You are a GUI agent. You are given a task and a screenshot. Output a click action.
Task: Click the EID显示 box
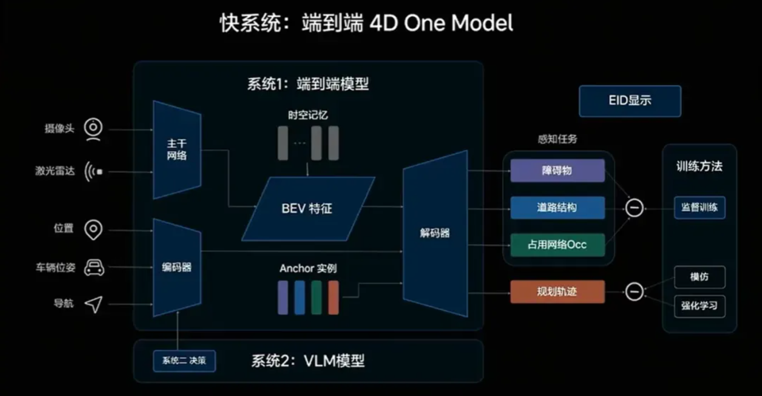pos(629,101)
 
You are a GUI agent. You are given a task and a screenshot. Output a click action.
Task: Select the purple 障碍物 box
pos(557,170)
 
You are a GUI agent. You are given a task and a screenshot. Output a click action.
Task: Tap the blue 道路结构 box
pos(557,208)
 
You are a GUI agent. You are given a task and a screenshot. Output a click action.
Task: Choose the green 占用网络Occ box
pos(557,245)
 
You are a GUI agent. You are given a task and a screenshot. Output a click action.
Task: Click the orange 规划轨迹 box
pos(557,291)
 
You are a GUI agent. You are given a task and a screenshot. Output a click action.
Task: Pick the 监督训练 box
pos(699,207)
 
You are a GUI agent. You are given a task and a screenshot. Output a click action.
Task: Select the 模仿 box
pos(699,277)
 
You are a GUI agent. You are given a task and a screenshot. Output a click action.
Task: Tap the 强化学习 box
pos(699,306)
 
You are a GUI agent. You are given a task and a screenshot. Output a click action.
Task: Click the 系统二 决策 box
pos(184,361)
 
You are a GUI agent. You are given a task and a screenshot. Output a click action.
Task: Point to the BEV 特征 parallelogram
pos(308,209)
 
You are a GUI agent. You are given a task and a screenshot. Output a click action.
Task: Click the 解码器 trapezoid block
pos(435,233)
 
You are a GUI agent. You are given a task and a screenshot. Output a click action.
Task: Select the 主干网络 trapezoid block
pos(177,150)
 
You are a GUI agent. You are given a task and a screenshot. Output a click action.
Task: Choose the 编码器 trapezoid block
pos(177,268)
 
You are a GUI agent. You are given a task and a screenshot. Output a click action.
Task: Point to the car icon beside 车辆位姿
pos(94,268)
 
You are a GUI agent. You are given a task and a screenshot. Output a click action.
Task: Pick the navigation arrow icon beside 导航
pos(94,304)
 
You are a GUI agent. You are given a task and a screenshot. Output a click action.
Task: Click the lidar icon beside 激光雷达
pos(94,171)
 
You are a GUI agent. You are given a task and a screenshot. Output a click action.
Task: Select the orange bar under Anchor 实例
pos(333,297)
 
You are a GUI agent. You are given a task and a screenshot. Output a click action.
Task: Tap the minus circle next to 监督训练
pos(634,208)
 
